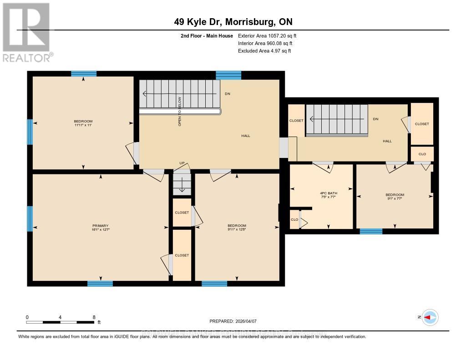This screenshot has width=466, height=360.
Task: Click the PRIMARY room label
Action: pos(101,225)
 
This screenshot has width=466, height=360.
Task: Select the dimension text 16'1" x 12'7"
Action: pos(101,230)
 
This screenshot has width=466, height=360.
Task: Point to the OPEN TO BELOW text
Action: pos(180,111)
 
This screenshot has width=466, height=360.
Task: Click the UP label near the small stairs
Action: pos(181,163)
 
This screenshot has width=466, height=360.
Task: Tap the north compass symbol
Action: pos(430,317)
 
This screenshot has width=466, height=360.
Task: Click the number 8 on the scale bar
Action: pos(93,317)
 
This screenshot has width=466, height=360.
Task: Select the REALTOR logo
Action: pos(26,32)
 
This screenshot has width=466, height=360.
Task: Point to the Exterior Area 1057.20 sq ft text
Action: pos(267,35)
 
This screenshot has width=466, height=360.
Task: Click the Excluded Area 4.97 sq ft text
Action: pos(264,51)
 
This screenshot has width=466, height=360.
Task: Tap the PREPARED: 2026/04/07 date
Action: pos(236,321)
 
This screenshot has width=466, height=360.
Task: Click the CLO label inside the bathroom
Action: pos(294,220)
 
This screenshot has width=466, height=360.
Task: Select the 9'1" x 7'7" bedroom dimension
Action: pos(394,199)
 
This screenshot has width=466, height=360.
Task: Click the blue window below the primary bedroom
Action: pos(100,284)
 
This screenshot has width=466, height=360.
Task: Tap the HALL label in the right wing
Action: pos(387,141)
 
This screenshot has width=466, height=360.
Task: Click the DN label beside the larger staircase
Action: pos(228,94)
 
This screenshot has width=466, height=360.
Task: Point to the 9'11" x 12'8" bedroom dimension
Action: pos(237,230)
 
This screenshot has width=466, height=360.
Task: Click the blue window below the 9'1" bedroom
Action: pos(371,231)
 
